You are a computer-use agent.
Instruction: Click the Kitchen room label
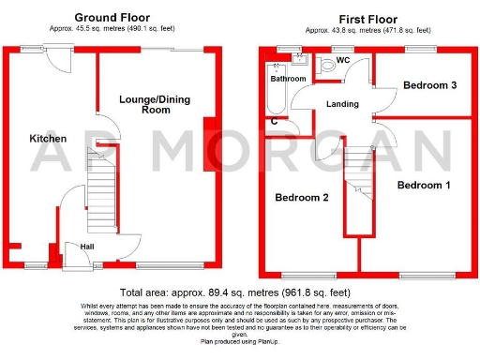(48, 138)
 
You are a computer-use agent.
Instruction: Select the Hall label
(86, 247)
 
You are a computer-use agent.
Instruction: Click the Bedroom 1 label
(424, 186)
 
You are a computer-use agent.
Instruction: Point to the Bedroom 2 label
(301, 198)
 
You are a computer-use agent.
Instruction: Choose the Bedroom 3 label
(429, 85)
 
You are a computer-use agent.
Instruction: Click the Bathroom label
(288, 79)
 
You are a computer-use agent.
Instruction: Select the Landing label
(343, 104)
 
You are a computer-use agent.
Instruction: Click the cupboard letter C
(274, 122)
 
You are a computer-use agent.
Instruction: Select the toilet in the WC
(327, 67)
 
